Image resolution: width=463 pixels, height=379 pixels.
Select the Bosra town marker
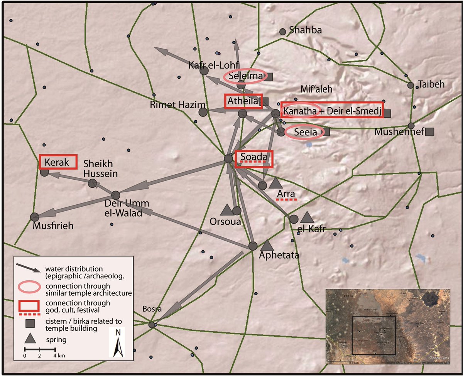pyautogui.click(x=152, y=325)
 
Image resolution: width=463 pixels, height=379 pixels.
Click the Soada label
pyautogui.click(x=253, y=157)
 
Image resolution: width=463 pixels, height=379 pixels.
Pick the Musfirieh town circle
pyautogui.click(x=34, y=217)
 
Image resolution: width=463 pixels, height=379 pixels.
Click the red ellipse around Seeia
pyautogui.click(x=304, y=133)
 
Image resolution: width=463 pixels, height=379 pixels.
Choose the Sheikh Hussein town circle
pyautogui.click(x=92, y=183)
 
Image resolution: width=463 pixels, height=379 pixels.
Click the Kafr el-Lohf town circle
pyautogui.click(x=204, y=70)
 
